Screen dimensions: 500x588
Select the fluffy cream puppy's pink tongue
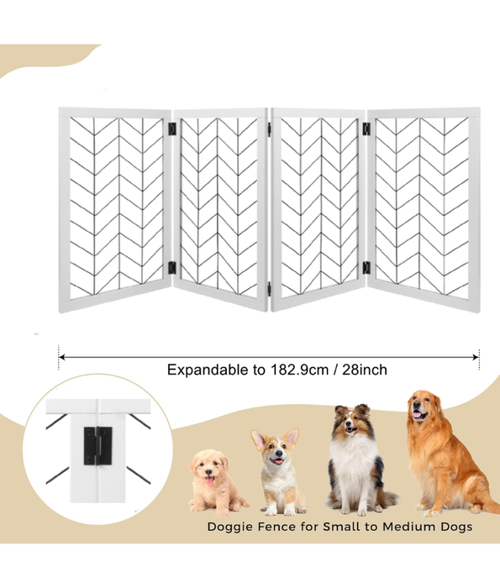pos(209,480)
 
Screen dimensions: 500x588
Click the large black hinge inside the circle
pos(98,445)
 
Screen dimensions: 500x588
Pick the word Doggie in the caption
pos(230,528)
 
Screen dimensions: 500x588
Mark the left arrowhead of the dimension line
pos(62,357)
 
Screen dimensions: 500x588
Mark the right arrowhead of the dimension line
pos(476,357)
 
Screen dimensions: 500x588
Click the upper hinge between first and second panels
pos(171,129)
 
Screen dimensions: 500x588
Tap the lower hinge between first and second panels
pos(171,268)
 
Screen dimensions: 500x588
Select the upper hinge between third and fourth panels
pos(366,129)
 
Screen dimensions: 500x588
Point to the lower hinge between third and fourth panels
pos(366,268)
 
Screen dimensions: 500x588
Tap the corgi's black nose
pos(278,454)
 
